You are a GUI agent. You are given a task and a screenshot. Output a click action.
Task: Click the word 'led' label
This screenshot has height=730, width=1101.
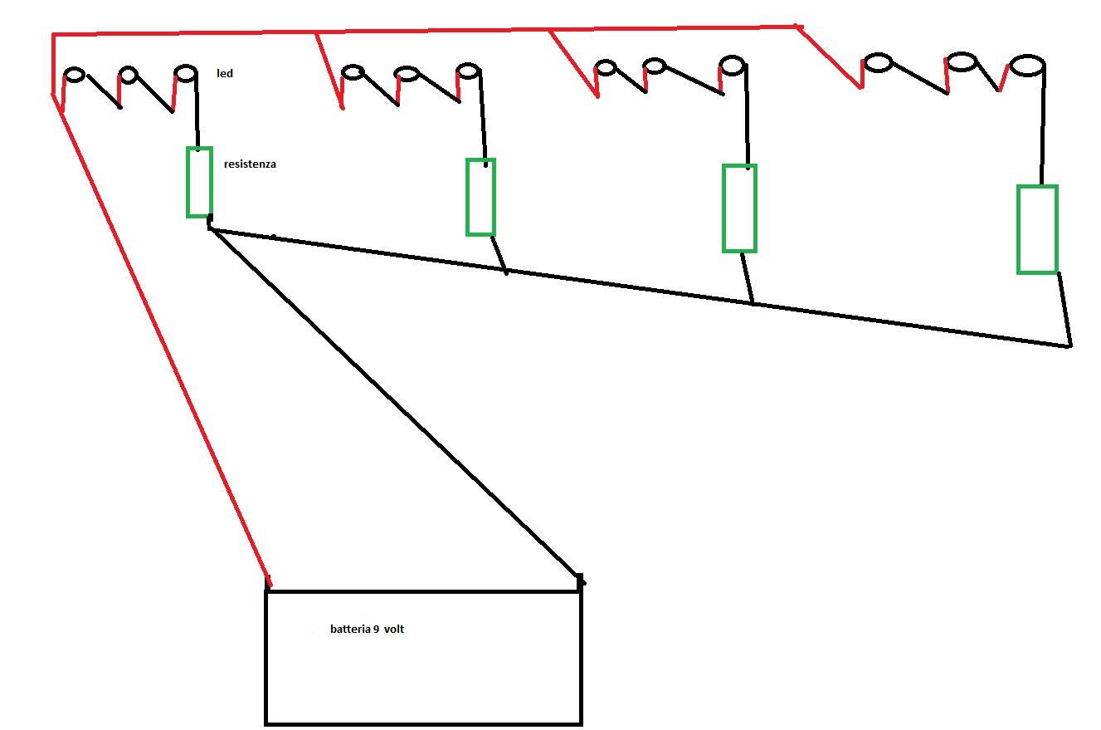[x=225, y=74]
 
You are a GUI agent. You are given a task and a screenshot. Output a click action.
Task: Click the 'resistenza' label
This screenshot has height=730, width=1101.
[x=250, y=164]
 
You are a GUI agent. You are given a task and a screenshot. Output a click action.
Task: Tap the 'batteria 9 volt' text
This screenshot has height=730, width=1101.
[x=367, y=630]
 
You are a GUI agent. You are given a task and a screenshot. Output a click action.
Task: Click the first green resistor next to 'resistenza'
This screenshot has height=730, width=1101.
[x=199, y=182]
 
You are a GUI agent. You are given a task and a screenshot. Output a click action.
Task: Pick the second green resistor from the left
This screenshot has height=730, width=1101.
[x=480, y=197]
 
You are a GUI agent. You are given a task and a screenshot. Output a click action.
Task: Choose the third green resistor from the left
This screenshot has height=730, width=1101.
[x=739, y=208]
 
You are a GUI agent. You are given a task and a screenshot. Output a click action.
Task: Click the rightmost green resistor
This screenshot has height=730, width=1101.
[x=1037, y=229]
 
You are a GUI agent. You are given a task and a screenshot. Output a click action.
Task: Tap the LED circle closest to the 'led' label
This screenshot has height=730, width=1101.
[x=186, y=73]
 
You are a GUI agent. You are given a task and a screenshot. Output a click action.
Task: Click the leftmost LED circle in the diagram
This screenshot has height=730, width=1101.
[x=75, y=75]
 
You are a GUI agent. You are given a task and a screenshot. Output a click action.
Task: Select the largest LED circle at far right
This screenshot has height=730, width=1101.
[x=1025, y=65]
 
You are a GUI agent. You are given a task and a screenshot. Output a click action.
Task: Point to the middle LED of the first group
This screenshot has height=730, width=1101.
[x=128, y=75]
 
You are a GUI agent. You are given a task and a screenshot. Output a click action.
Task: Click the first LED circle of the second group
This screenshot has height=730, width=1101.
[x=353, y=73]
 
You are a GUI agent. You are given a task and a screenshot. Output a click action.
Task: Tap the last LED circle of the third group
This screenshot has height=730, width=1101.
[x=732, y=64]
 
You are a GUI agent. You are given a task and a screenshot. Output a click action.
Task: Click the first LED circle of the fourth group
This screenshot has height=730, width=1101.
[x=878, y=62]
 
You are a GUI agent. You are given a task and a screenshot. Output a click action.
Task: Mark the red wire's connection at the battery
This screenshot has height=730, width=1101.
[x=268, y=581]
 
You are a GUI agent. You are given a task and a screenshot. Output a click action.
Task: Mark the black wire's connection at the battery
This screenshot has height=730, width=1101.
[x=580, y=580]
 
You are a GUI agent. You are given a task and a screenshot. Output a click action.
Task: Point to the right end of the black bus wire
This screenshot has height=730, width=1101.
[x=1069, y=345]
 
